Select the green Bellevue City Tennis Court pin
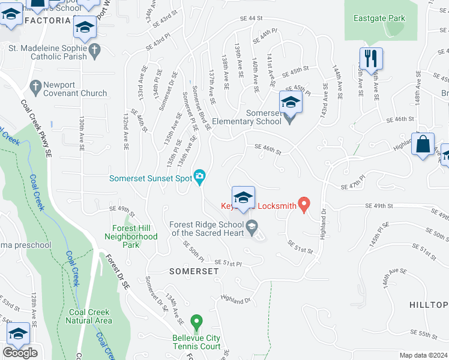pos(195,323)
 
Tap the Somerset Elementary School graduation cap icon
pos(291,103)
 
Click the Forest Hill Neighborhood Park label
pos(135,236)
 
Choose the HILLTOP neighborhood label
pos(429,305)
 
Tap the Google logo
pos(20,353)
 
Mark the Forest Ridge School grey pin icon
pos(252,227)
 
